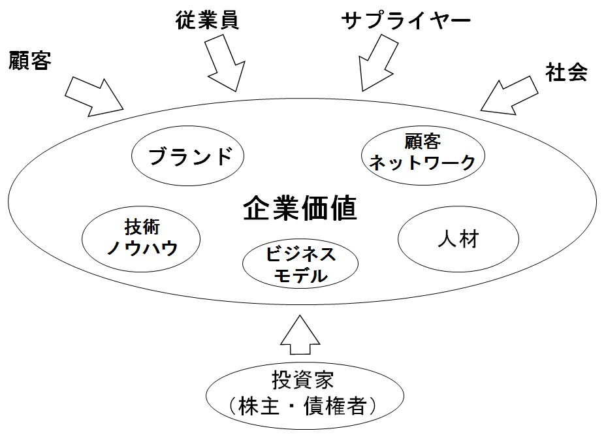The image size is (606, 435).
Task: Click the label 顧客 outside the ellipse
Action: pyautogui.click(x=30, y=61)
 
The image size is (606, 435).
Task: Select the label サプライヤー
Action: pyautogui.click(x=406, y=21)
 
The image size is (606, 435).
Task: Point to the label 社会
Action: pyautogui.click(x=566, y=72)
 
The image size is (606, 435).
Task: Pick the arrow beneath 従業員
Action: pyautogui.click(x=223, y=62)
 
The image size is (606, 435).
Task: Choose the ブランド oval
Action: pyautogui.click(x=188, y=157)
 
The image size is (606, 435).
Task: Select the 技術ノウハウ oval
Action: pyautogui.click(x=142, y=238)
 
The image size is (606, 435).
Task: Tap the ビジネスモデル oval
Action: pyautogui.click(x=300, y=264)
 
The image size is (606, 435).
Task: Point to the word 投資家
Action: pyautogui.click(x=301, y=380)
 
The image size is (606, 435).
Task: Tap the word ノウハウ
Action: pyautogui.click(x=142, y=248)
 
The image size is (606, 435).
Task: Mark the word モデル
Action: pyautogui.click(x=300, y=276)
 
